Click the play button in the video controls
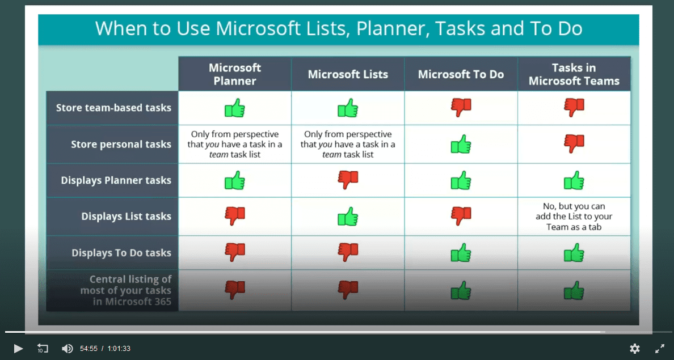(19, 349)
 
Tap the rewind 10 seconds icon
(43, 349)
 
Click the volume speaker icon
(68, 349)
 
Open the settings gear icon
(635, 349)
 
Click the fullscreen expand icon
(660, 349)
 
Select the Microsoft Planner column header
(235, 74)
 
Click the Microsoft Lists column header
(348, 74)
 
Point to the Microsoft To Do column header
(461, 74)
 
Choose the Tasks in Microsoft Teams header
(574, 74)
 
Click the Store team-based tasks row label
(113, 108)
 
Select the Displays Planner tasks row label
(116, 180)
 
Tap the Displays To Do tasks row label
(121, 253)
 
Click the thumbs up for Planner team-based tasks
(235, 108)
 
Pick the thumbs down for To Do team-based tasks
(461, 108)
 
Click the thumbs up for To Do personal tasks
(461, 145)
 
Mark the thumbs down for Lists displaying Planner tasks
(348, 180)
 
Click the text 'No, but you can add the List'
(574, 211)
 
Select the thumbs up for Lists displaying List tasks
(348, 217)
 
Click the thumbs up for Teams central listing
(574, 290)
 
